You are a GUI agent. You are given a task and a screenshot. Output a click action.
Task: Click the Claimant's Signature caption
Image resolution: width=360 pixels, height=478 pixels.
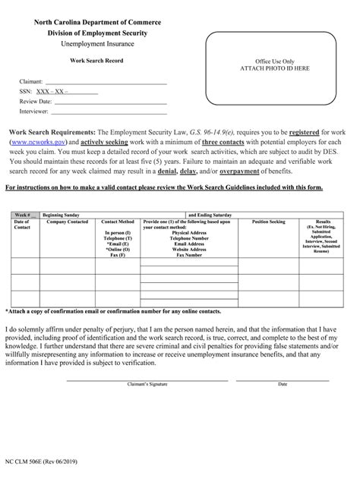pos(147,384)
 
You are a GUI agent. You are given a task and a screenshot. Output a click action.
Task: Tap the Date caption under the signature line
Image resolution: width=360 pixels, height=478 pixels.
pos(283,384)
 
